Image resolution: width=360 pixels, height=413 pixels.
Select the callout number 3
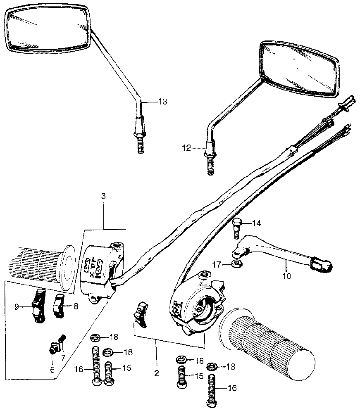point(103,196)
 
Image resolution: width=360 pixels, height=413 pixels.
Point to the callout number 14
point(257,223)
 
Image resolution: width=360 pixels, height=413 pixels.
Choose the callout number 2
point(157,373)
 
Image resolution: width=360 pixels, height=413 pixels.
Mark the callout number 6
point(52,370)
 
